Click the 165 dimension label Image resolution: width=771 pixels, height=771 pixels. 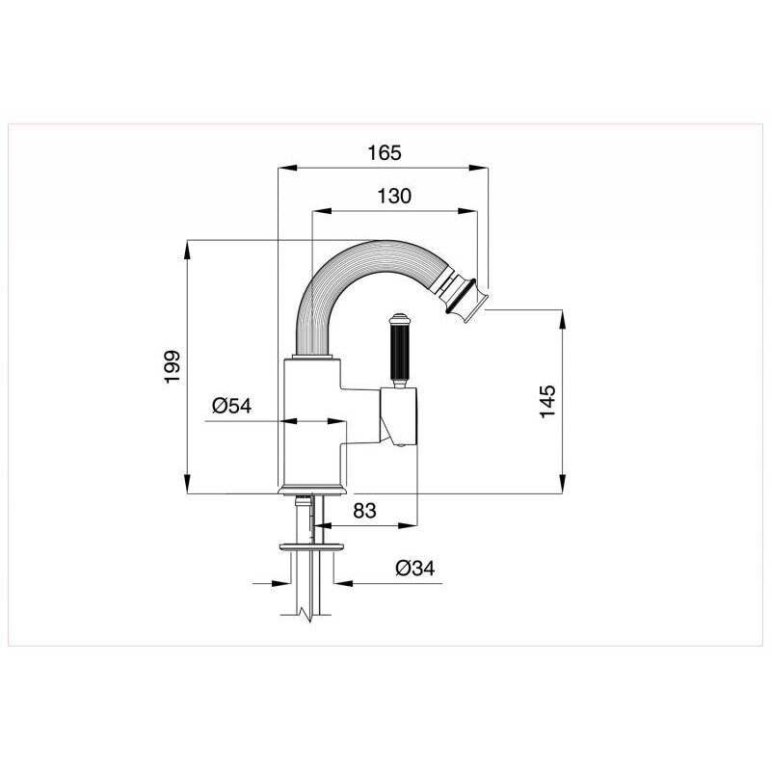[385, 153]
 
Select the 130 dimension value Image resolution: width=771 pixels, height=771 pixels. [394, 197]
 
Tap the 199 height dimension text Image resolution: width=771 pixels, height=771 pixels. [173, 367]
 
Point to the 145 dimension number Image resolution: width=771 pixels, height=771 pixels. [547, 401]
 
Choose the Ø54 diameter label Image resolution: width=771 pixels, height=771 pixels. [231, 406]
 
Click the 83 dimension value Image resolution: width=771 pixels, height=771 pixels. [365, 511]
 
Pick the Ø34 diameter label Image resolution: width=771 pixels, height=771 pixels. [415, 569]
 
